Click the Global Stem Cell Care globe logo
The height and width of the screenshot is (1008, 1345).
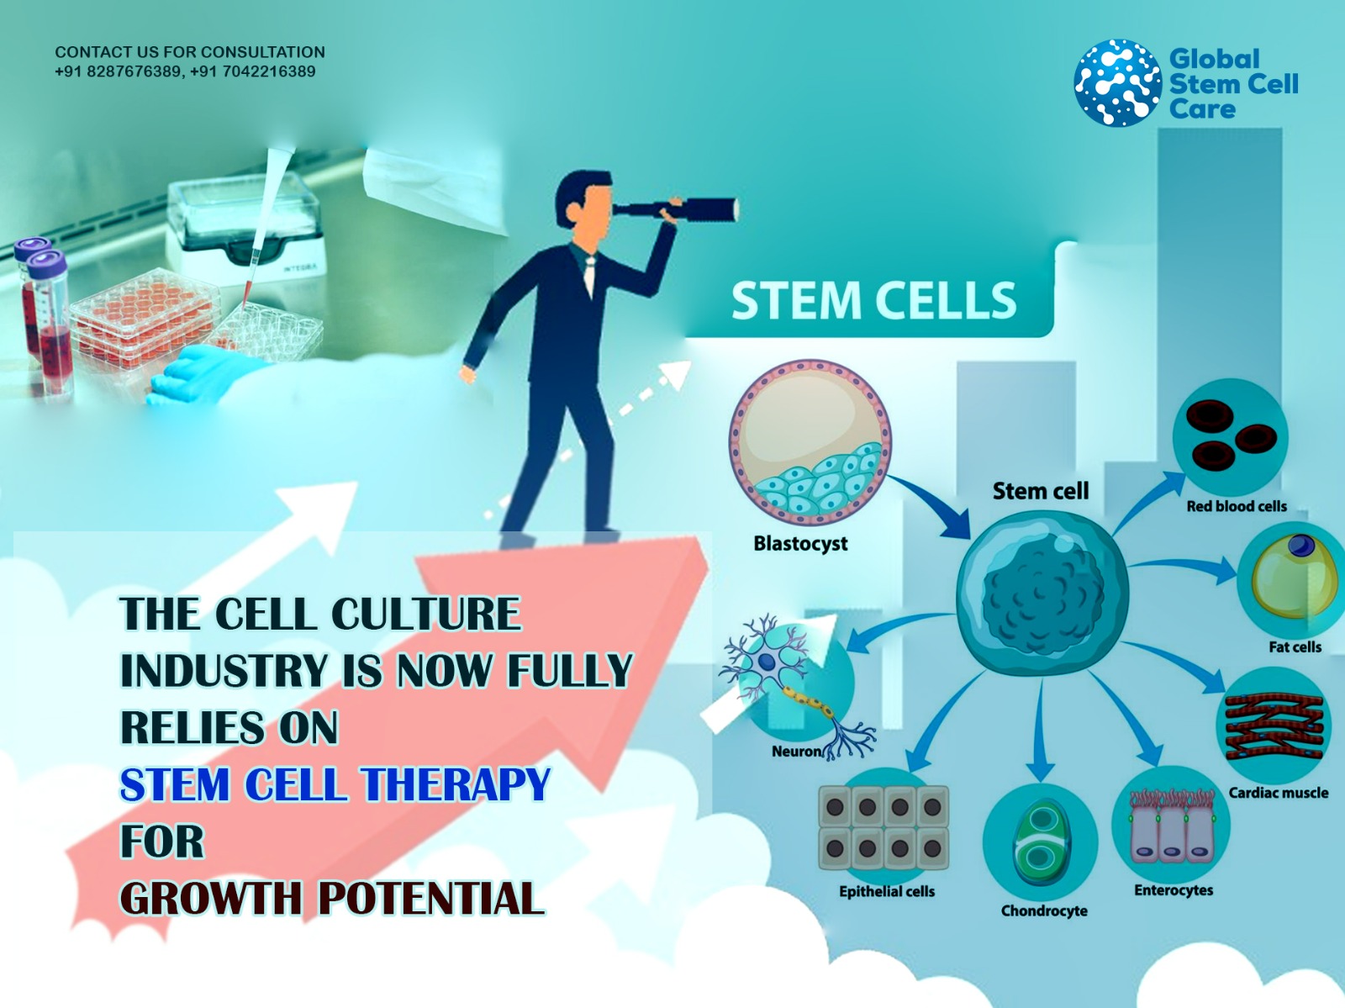[x=1118, y=82]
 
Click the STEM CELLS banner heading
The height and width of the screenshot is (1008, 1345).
[x=873, y=301]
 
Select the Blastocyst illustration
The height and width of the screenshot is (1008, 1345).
[x=810, y=442]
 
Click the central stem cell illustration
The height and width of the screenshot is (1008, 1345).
[x=1042, y=593]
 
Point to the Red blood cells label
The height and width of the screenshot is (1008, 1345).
[x=1237, y=506]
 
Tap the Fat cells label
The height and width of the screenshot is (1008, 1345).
[x=1295, y=647]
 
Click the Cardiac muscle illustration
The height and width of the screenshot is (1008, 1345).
[x=1274, y=726]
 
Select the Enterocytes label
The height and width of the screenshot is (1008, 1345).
[x=1174, y=890]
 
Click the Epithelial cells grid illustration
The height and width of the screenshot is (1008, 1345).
[x=883, y=828]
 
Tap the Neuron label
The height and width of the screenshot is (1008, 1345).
[x=796, y=752]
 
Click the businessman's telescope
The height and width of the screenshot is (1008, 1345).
[x=676, y=209]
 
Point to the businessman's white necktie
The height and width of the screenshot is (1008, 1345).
[x=589, y=276]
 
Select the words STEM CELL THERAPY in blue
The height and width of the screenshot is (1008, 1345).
[x=335, y=784]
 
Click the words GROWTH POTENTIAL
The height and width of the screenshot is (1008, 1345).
[x=331, y=898]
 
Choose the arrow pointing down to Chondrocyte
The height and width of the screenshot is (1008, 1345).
[x=1041, y=729]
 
